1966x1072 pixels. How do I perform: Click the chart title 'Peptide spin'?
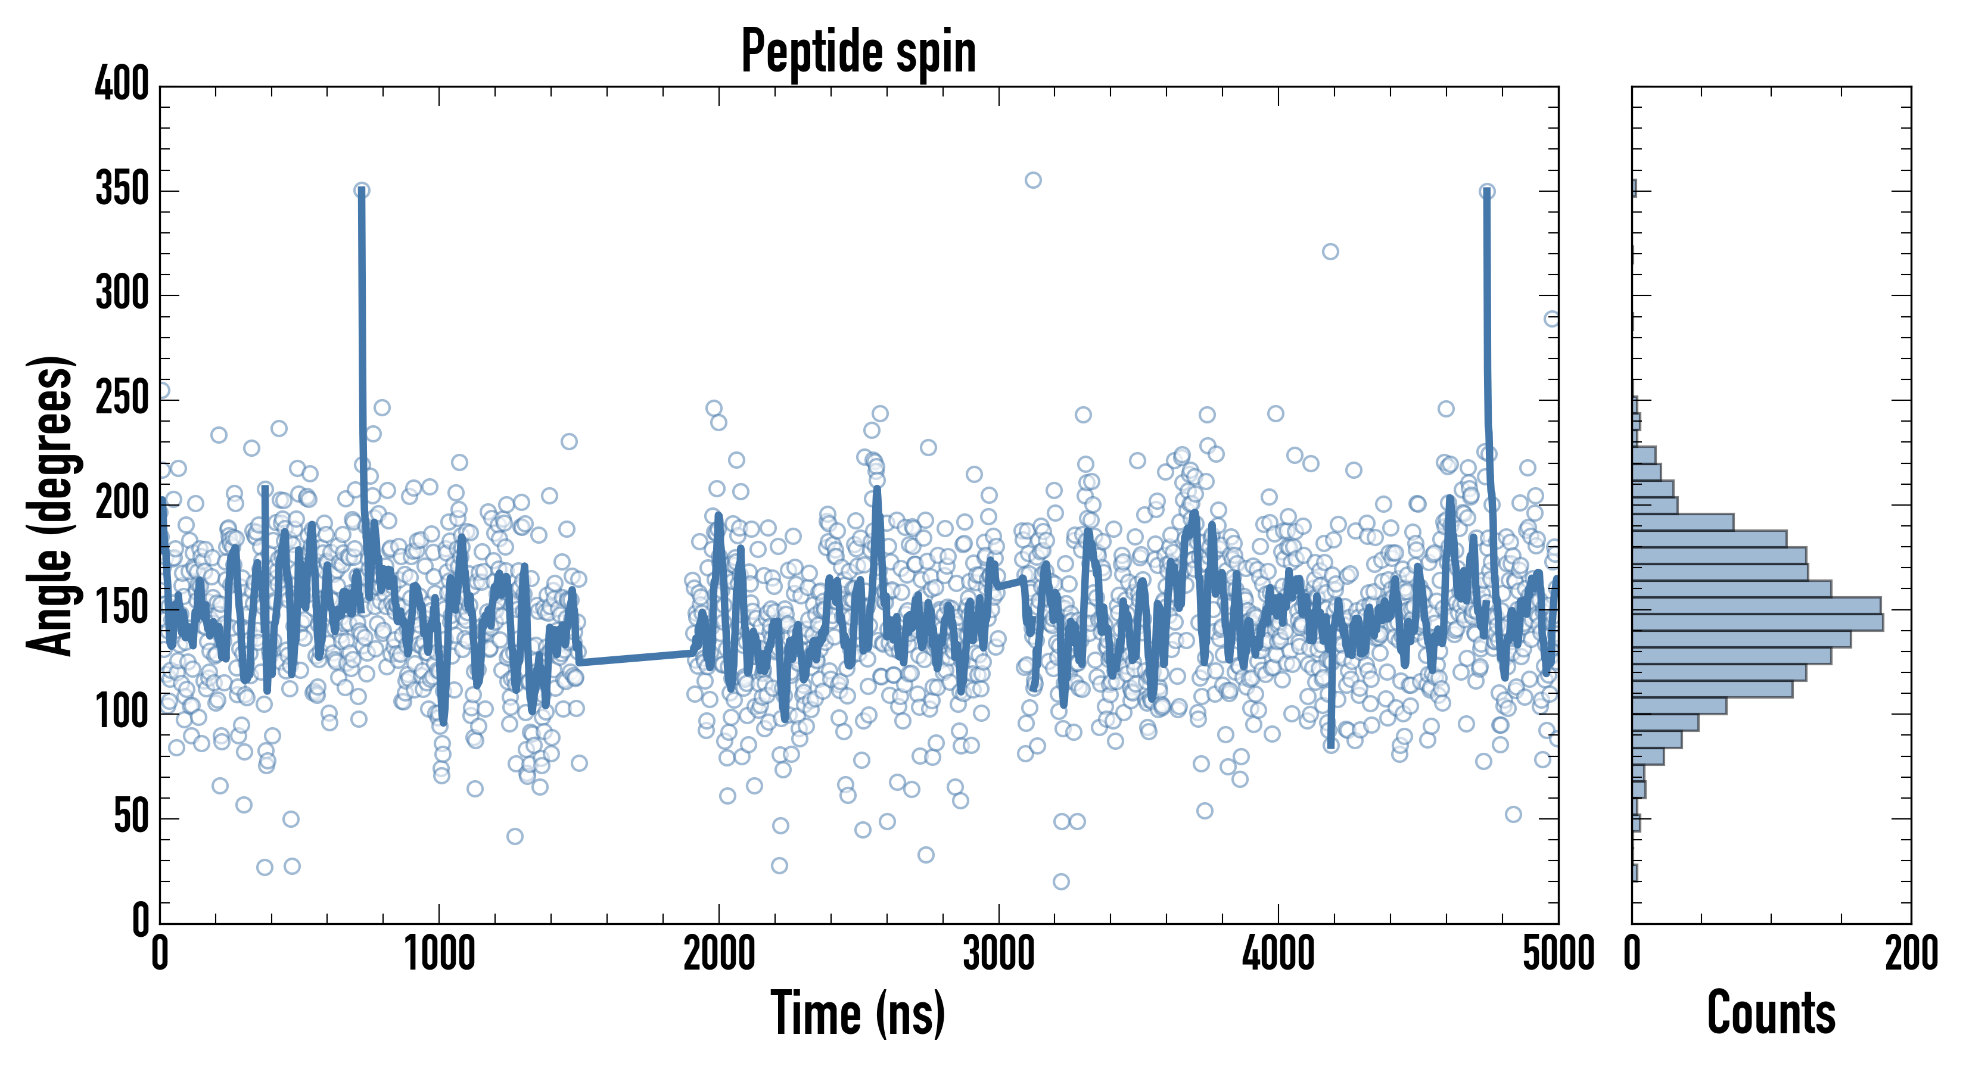858,51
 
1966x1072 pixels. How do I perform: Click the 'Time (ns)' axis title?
858,1012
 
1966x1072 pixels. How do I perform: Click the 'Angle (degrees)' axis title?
51,505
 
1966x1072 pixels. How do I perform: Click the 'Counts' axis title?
1771,1012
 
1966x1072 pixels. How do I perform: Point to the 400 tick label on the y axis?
122,83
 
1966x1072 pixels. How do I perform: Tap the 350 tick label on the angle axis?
122,189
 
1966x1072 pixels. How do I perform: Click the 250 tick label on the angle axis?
122,398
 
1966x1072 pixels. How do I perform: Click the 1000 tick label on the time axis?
440,953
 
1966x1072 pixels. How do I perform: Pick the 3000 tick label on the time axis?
998,953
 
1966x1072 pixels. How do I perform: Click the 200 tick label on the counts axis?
1911,953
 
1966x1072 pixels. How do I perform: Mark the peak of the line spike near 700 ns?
362,191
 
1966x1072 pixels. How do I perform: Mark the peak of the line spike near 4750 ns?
1486,192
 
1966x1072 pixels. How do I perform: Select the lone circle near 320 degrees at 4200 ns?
1330,252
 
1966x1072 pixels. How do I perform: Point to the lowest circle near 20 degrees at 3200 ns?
1061,882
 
